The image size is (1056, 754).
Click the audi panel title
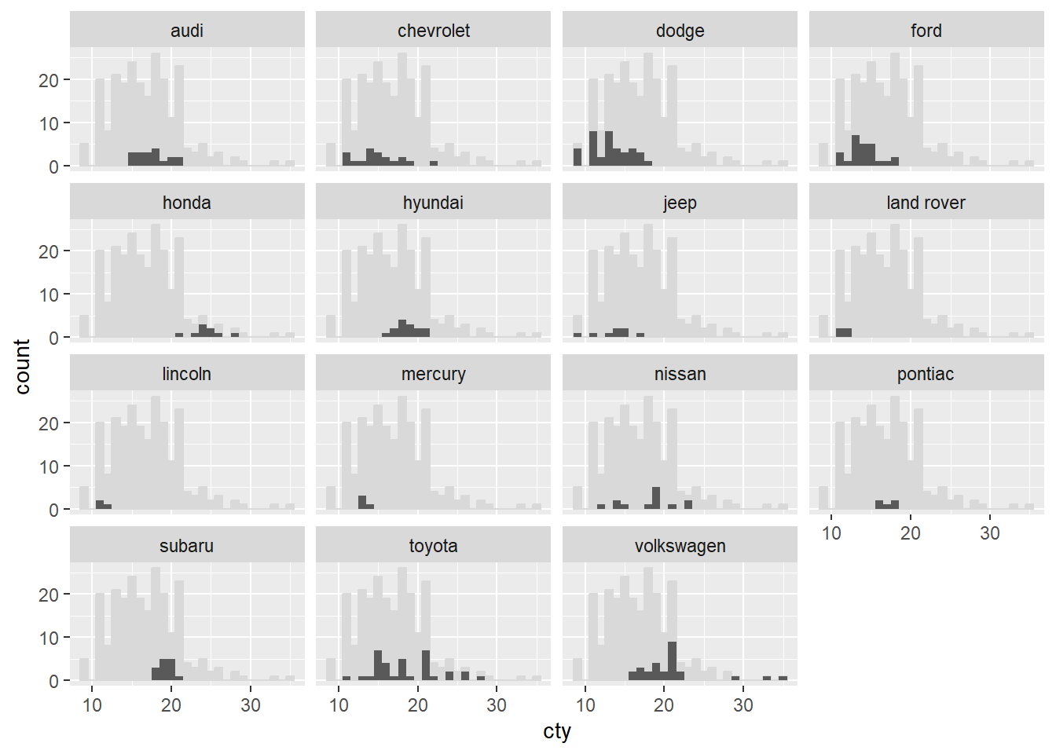[x=187, y=31]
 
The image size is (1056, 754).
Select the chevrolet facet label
[x=433, y=31]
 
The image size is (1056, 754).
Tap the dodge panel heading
[x=680, y=31]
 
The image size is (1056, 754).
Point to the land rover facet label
[x=926, y=203]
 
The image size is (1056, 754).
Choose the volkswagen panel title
[x=680, y=546]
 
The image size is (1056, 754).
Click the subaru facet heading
[x=187, y=546]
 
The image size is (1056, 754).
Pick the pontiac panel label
[x=926, y=374]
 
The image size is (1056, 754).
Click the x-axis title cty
[x=557, y=732]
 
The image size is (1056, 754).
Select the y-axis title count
[x=22, y=367]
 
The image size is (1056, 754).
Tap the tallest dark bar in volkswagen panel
[x=673, y=661]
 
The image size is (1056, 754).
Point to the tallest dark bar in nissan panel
[x=656, y=498]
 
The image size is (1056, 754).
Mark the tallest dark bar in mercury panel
[x=362, y=503]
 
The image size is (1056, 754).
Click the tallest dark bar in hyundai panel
[x=402, y=328]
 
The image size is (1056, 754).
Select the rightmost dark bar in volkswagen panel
[x=783, y=678]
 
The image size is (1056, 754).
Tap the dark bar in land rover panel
[x=844, y=333]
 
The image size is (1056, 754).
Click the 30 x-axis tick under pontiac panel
[x=989, y=533]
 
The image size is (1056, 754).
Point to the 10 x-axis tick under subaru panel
[x=92, y=705]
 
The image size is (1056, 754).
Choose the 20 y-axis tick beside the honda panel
[x=49, y=251]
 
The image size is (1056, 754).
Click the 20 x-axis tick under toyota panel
[x=418, y=705]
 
